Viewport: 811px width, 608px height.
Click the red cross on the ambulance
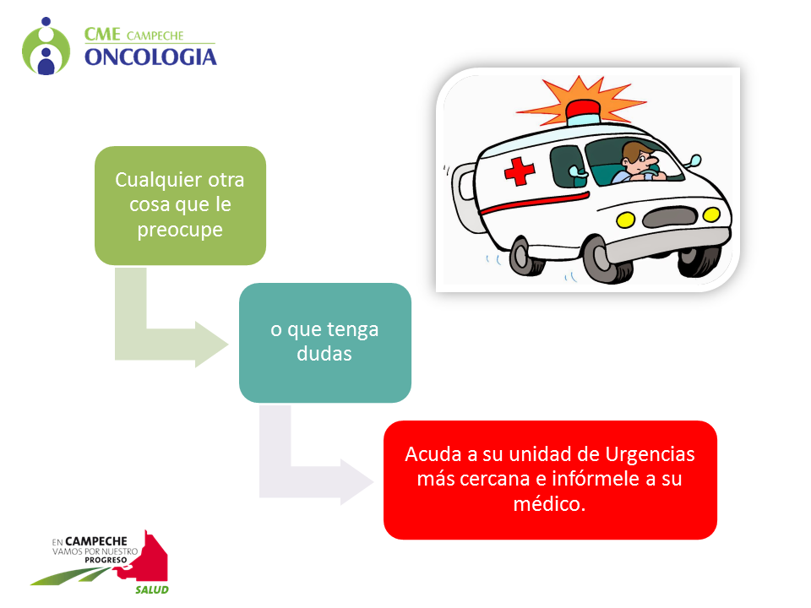pos(519,171)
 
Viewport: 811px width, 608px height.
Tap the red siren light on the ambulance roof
pos(584,110)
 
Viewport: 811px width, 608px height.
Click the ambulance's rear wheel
pos(525,255)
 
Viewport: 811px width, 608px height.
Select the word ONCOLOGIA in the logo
pos(150,57)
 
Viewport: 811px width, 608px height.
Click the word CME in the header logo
pos(102,35)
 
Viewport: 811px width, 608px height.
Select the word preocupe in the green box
pos(180,230)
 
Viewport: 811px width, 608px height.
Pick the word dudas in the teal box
pos(324,354)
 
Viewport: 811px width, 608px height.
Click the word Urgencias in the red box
pos(650,454)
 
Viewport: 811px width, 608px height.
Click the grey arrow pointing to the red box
pos(300,480)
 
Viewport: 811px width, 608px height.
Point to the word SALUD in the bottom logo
pos(152,590)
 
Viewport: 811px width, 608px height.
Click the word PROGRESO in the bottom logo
pos(106,560)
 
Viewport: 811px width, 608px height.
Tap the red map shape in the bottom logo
pos(150,558)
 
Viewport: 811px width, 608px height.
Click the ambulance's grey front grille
pos(670,217)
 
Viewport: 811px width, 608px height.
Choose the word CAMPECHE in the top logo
pos(155,35)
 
